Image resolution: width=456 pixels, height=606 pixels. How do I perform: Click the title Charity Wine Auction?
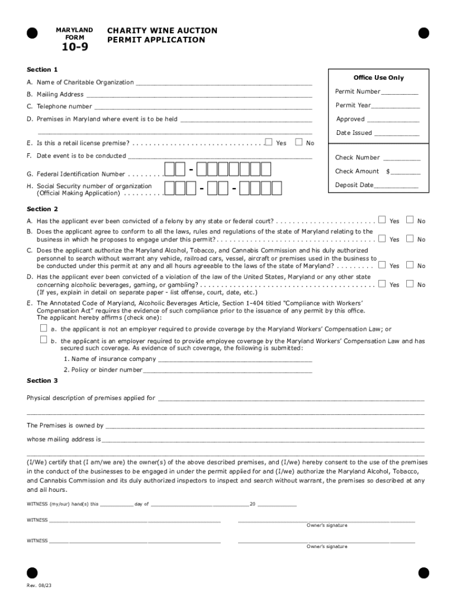pos(162,31)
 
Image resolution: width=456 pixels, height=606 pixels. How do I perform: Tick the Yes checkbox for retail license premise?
pos(269,142)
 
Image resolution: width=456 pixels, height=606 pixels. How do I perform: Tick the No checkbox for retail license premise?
pos(298,142)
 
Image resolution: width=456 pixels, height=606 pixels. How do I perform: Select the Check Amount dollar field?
pos(406,172)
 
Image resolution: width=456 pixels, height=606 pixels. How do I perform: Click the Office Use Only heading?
pos(378,78)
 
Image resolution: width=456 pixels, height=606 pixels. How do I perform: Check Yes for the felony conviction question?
pos(382,220)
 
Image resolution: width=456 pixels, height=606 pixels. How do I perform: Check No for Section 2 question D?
pos(410,284)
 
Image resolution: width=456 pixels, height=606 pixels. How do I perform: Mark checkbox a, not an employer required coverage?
pos(43,328)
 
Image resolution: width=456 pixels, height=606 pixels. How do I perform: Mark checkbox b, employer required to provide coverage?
pos(43,340)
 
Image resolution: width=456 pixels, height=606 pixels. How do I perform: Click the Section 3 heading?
pos(43,381)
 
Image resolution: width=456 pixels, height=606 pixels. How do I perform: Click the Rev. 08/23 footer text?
pos(35,585)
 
